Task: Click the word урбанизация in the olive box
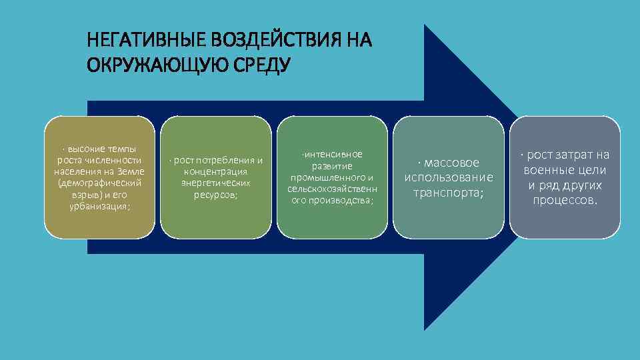click(99, 207)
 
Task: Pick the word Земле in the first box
click(129, 172)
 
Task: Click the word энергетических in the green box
click(217, 183)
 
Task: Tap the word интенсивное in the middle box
click(333, 155)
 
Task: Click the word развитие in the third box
click(331, 166)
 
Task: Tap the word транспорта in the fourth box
click(447, 193)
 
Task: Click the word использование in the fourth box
click(449, 178)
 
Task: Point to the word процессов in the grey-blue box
click(564, 201)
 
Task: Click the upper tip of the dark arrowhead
click(425, 26)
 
